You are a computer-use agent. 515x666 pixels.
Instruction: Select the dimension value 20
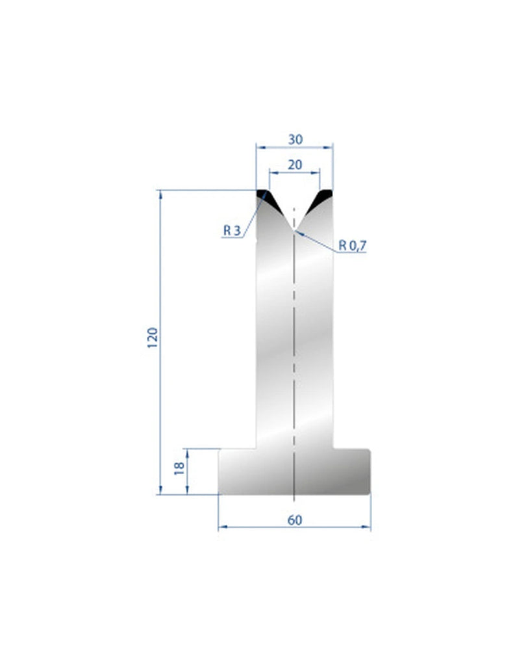[x=294, y=165]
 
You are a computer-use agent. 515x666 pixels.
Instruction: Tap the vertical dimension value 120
[x=153, y=339]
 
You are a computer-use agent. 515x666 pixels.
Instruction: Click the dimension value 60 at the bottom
[x=294, y=520]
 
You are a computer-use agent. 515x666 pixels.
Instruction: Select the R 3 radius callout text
[x=232, y=230]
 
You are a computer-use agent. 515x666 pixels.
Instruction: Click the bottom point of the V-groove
[x=294, y=230]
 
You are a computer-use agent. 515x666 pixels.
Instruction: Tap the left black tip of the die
[x=267, y=197]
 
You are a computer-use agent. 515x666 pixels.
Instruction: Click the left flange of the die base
[x=237, y=471]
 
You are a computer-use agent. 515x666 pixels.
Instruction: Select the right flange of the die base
[x=352, y=471]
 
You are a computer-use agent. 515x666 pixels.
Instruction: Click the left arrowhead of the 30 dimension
[x=259, y=148]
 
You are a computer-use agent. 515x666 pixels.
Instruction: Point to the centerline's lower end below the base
[x=294, y=501]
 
